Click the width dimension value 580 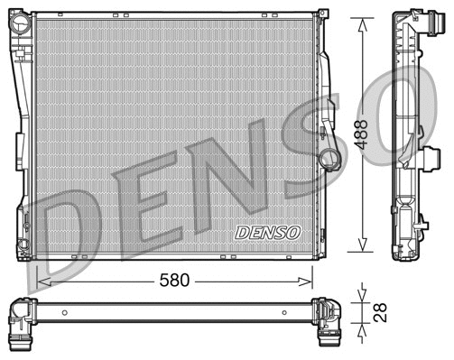pos(174,281)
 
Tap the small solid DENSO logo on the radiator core pos(267,232)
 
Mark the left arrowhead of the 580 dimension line pos(42,281)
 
